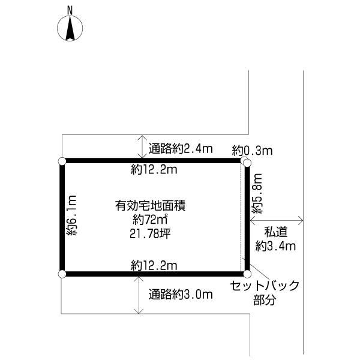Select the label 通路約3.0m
pyautogui.click(x=181, y=294)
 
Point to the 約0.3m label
pyautogui.click(x=252, y=151)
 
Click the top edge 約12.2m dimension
pyautogui.click(x=154, y=170)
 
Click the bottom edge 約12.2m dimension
pyautogui.click(x=154, y=265)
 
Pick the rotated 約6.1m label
pyautogui.click(x=72, y=216)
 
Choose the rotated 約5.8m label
pyautogui.click(x=257, y=194)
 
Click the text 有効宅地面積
pyautogui.click(x=149, y=206)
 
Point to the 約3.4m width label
pyautogui.click(x=275, y=245)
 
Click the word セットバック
pyautogui.click(x=265, y=286)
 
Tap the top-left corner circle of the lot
pyautogui.click(x=62, y=161)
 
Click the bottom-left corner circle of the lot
pyautogui.click(x=62, y=274)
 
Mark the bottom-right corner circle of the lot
pyautogui.click(x=246, y=274)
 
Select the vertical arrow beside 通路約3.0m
pyautogui.click(x=140, y=294)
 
